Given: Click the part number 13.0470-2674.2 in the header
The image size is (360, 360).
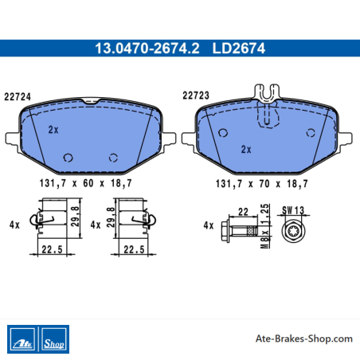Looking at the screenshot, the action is click(x=147, y=49).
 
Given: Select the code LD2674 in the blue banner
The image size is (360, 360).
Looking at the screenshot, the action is click(x=239, y=49).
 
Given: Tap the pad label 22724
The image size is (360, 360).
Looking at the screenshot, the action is click(x=18, y=97).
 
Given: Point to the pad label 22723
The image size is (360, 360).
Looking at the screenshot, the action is click(x=196, y=96).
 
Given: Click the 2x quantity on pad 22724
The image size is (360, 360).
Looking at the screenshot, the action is click(x=53, y=130).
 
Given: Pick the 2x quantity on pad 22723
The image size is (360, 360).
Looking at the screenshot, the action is click(x=246, y=150).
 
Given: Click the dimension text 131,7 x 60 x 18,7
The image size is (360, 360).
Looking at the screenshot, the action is click(x=85, y=183).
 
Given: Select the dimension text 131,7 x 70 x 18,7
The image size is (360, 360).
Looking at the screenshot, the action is click(x=262, y=184).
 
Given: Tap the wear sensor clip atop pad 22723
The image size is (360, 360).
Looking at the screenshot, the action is click(x=267, y=93).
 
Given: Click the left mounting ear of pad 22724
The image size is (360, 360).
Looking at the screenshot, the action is click(x=12, y=139).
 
